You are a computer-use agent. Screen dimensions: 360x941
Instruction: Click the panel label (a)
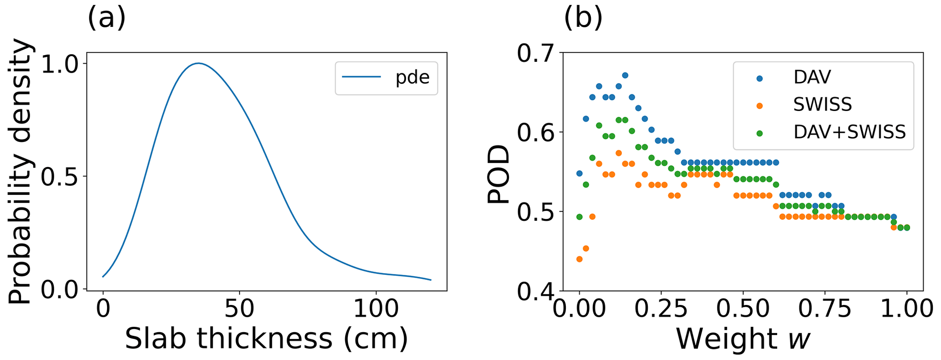pyautogui.click(x=106, y=19)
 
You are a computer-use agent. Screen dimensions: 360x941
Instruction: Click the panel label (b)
pyautogui.click(x=583, y=19)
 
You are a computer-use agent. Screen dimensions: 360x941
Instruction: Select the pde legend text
pyautogui.click(x=412, y=78)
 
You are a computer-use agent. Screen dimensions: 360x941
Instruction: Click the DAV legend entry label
pyautogui.click(x=812, y=77)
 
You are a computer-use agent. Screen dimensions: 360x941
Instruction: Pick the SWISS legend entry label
pyautogui.click(x=822, y=105)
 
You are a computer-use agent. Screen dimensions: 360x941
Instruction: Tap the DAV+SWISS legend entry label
pyautogui.click(x=849, y=132)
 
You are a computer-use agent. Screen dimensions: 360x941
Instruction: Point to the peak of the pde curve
pyautogui.click(x=198, y=63)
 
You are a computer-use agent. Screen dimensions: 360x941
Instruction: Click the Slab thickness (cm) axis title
pyautogui.click(x=266, y=339)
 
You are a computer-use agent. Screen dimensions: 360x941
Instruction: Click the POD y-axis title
pyautogui.click(x=498, y=174)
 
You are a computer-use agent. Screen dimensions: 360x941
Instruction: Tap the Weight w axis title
pyautogui.click(x=743, y=339)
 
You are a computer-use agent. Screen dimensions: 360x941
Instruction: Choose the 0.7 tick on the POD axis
pyautogui.click(x=535, y=54)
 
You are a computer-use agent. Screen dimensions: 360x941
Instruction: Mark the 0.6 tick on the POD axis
pyautogui.click(x=535, y=132)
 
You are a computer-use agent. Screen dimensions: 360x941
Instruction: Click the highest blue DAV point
pyautogui.click(x=625, y=76)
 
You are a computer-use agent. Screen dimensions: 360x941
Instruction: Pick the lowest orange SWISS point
pyautogui.click(x=579, y=259)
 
